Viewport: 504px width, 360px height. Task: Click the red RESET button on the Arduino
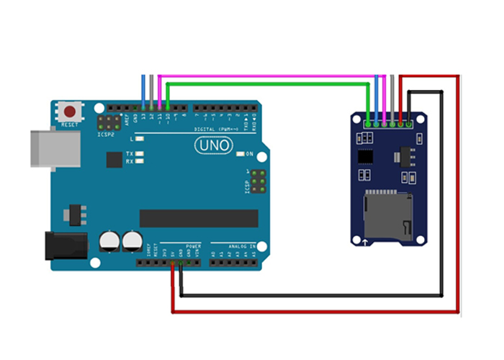click(x=70, y=112)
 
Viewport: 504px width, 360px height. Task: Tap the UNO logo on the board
click(x=214, y=145)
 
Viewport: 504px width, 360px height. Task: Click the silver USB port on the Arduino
click(x=55, y=149)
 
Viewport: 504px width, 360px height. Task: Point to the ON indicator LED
click(x=240, y=153)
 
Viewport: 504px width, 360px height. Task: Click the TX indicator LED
click(x=139, y=154)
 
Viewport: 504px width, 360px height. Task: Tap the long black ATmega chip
click(x=199, y=217)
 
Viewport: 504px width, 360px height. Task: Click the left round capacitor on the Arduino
click(x=109, y=240)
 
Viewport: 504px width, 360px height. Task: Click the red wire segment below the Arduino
click(x=317, y=311)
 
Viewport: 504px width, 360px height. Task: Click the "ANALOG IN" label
click(x=233, y=246)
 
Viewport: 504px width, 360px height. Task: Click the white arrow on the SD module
click(x=366, y=240)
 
